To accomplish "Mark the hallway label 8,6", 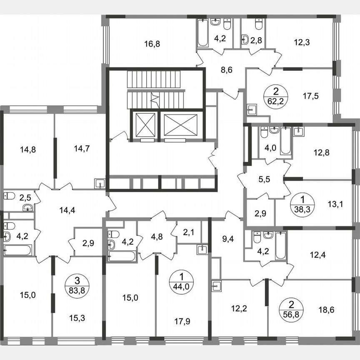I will click(226, 70).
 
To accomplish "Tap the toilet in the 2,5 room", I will click(10, 195).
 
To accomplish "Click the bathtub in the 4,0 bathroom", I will click(285, 140).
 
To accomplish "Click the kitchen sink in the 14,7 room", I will click(100, 183).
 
